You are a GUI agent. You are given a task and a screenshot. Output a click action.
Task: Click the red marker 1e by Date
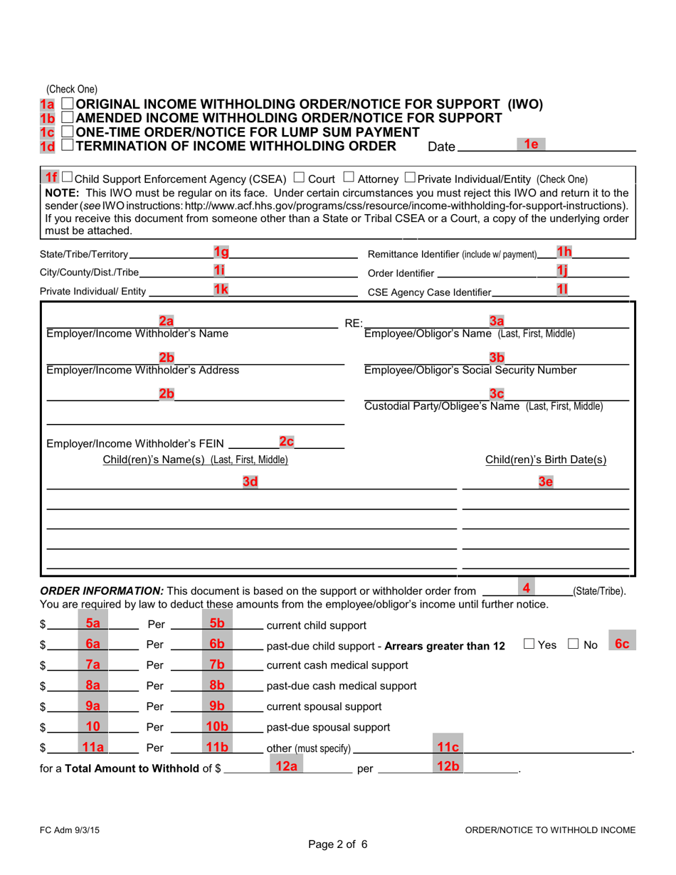click(529, 144)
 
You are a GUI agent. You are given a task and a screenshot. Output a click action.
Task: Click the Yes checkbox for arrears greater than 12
click(528, 645)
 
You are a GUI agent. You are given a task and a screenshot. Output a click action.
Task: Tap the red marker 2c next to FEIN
click(286, 442)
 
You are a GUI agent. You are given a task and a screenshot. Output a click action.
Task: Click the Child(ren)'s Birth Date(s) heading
click(546, 460)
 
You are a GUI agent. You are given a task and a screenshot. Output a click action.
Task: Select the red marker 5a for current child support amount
click(93, 623)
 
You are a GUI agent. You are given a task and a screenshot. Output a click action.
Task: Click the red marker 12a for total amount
click(282, 767)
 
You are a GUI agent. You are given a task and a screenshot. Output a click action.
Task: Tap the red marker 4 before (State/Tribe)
click(527, 588)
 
